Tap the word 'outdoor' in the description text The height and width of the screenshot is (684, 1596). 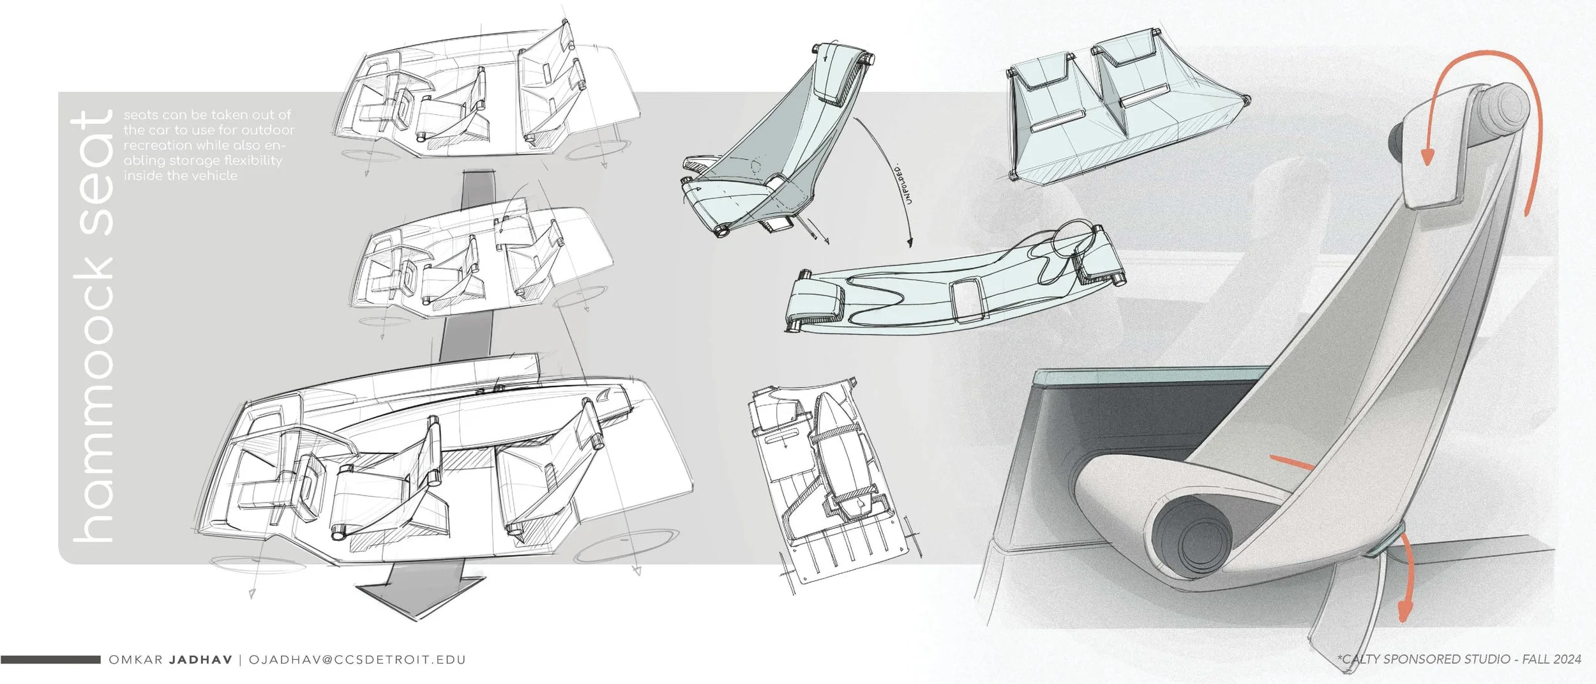tap(268, 130)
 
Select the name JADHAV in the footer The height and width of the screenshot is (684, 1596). tap(200, 660)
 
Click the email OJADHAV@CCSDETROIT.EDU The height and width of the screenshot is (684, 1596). tap(358, 660)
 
